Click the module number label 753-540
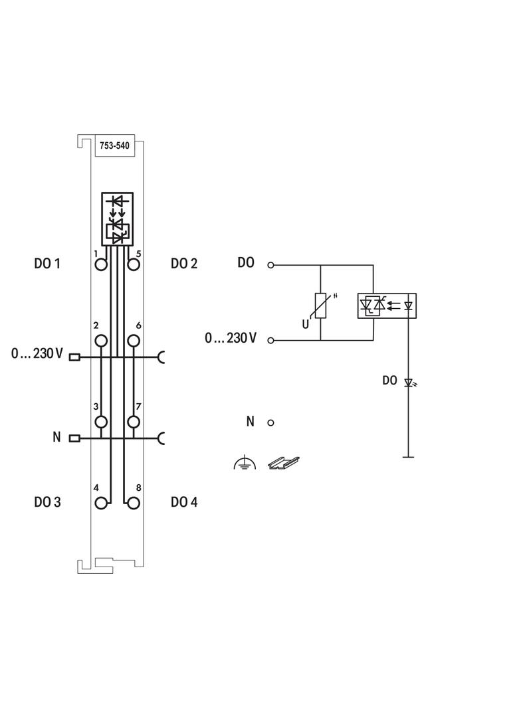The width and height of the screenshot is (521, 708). tap(115, 147)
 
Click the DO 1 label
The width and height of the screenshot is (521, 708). tap(47, 264)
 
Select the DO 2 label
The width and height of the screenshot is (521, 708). tap(184, 264)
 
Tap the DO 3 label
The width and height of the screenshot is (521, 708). tap(47, 502)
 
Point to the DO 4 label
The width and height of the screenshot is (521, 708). tap(184, 502)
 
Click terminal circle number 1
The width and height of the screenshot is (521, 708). tap(101, 264)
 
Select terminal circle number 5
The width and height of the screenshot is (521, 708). tap(134, 264)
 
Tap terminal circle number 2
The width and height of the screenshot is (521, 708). tap(101, 341)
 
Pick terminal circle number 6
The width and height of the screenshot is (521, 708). tap(134, 341)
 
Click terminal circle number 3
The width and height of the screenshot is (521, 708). tap(101, 422)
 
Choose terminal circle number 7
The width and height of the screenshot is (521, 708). tap(134, 422)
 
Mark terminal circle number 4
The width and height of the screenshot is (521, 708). tap(101, 503)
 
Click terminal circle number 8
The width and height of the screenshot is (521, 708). tap(134, 503)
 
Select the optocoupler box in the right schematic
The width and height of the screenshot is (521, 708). tap(386, 306)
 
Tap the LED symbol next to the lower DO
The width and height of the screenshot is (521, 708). tap(410, 383)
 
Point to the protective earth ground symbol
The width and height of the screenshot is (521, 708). tap(244, 464)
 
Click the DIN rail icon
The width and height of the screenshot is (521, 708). tap(284, 463)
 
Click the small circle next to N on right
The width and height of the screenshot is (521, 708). tap(271, 422)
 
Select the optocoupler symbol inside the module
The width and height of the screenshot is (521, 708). tap(117, 219)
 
